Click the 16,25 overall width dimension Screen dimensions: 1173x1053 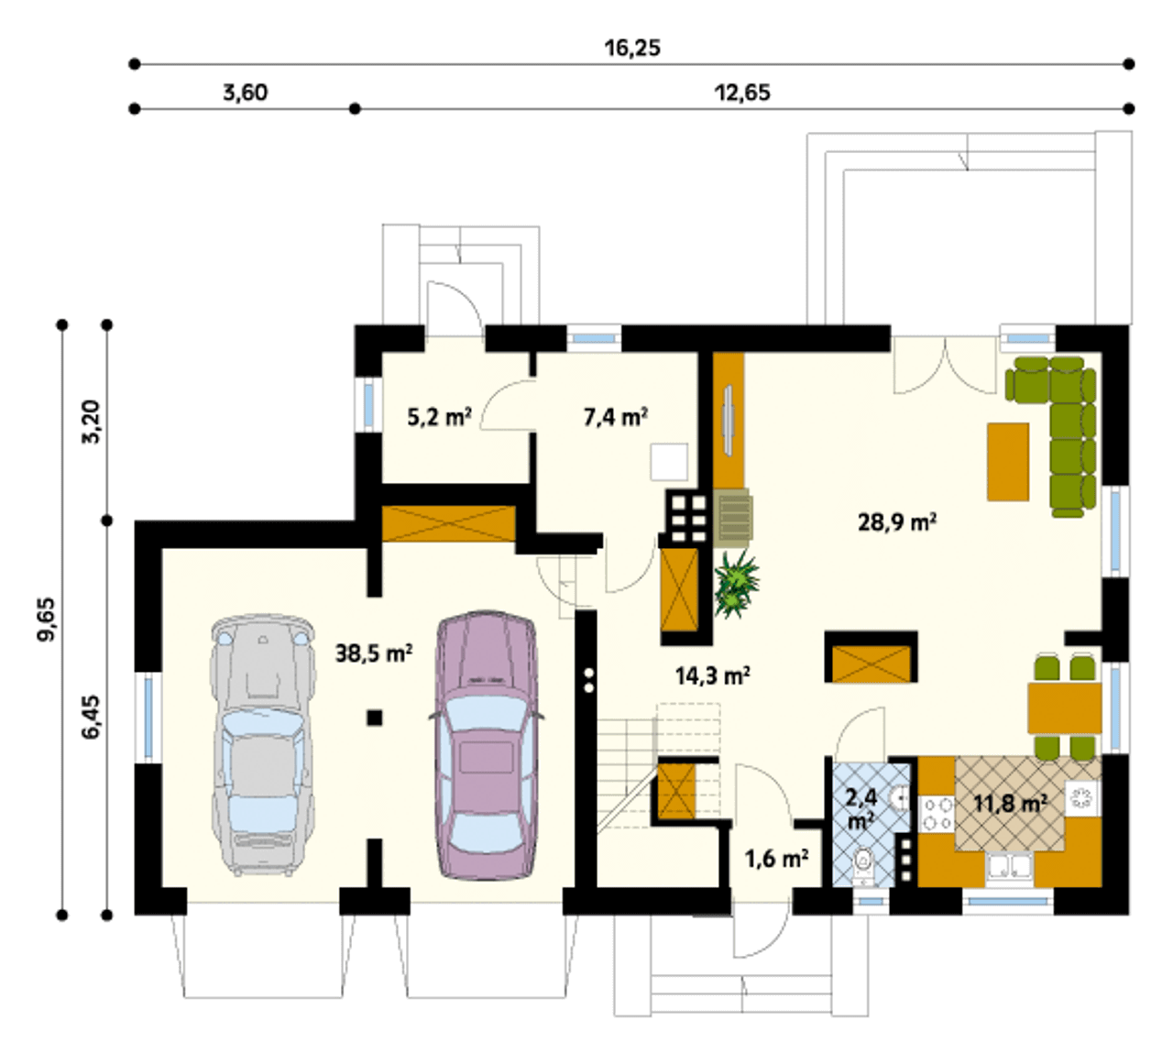tap(632, 48)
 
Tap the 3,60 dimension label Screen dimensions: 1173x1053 tap(246, 93)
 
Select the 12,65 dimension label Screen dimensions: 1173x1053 tap(742, 93)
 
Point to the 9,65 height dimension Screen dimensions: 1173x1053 tap(46, 619)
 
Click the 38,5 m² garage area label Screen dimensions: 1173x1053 tap(374, 653)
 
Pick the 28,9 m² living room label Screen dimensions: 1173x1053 tap(897, 521)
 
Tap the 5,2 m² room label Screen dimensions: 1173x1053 tap(440, 416)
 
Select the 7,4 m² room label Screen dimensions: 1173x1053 tap(616, 416)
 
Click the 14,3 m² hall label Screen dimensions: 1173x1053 tap(713, 675)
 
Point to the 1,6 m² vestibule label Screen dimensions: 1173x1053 tap(776, 859)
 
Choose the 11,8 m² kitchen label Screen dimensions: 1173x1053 tap(1010, 803)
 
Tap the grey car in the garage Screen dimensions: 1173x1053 tap(263, 745)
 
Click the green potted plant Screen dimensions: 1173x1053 tap(735, 584)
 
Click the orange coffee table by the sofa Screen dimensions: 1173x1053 tap(1008, 462)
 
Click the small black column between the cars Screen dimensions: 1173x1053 tap(375, 718)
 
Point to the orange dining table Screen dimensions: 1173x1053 tap(1064, 708)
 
